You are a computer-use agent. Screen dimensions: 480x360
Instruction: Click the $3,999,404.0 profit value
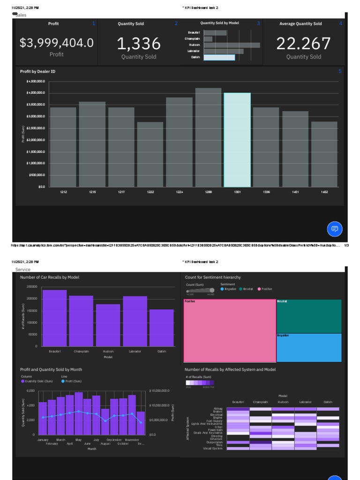(x=56, y=43)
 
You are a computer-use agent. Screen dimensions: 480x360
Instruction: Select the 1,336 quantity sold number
(x=138, y=44)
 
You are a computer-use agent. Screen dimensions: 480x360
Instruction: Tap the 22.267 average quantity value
(x=303, y=44)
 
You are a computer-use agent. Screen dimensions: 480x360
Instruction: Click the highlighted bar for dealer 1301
(x=237, y=141)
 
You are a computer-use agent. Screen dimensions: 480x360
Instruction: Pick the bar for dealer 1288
(x=208, y=138)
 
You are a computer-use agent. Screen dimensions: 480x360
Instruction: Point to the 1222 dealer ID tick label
(x=150, y=192)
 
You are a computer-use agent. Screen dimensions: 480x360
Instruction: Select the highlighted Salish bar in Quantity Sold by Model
(x=219, y=57)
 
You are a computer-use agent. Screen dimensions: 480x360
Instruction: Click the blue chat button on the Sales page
(x=335, y=229)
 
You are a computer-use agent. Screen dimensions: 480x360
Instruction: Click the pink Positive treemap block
(x=230, y=330)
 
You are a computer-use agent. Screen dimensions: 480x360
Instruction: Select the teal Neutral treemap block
(x=308, y=316)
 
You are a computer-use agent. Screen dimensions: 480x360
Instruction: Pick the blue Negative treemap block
(x=308, y=348)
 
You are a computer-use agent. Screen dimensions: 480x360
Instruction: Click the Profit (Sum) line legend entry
(x=71, y=381)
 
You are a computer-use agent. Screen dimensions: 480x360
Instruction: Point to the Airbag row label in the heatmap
(x=218, y=408)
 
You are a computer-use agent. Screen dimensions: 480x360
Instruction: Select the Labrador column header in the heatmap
(x=305, y=402)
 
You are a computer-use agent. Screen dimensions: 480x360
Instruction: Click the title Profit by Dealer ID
(x=37, y=71)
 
